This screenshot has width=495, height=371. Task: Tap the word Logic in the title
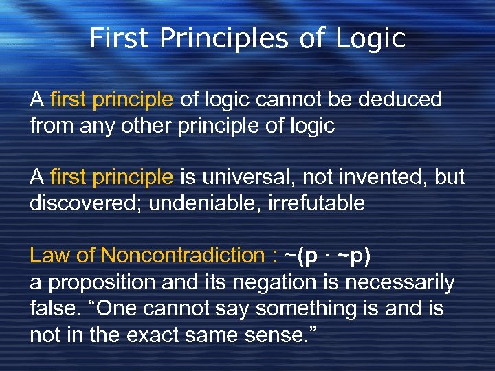[x=371, y=38]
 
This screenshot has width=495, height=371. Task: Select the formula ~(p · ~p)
[x=327, y=256]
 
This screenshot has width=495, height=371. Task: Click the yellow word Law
[x=49, y=256]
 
